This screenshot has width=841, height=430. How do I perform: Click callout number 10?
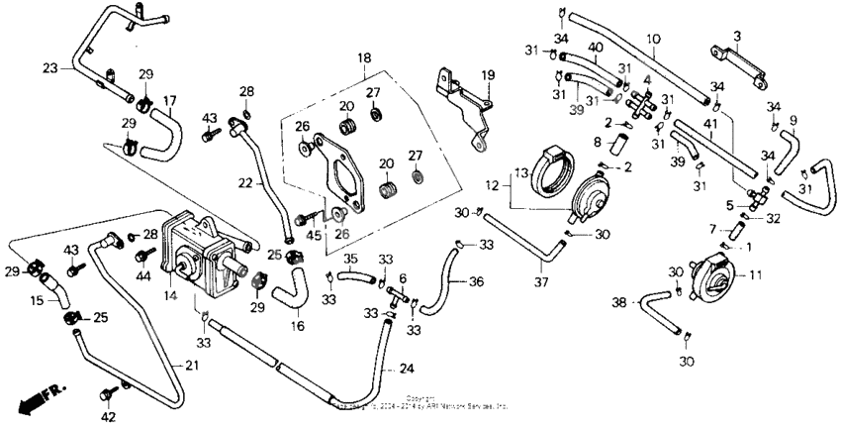coord(653,39)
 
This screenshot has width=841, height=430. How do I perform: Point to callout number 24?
coord(405,371)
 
